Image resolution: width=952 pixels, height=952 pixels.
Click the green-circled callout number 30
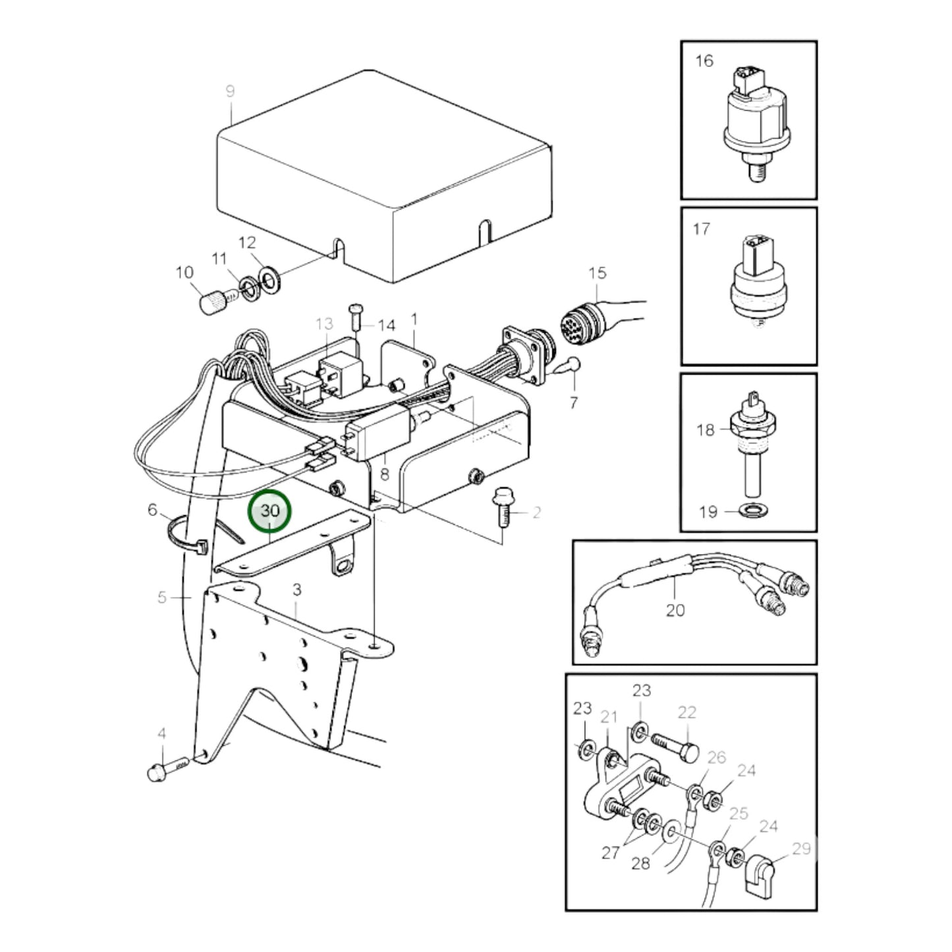(x=269, y=511)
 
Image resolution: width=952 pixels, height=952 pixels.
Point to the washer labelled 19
(x=750, y=511)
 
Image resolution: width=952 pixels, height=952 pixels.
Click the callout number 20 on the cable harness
(x=675, y=611)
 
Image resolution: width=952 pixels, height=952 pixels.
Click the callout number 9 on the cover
(x=230, y=91)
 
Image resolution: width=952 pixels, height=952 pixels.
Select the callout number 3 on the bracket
(x=296, y=589)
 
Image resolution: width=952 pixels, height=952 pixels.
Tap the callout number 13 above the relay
(x=324, y=324)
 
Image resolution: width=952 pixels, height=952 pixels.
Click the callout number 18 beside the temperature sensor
(x=705, y=430)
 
